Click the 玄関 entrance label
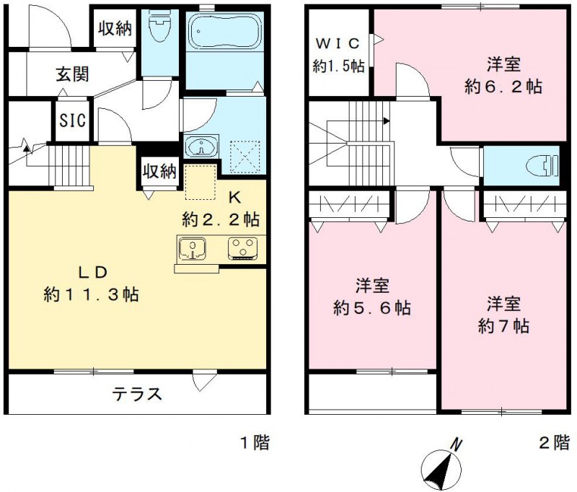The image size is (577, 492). pos(72,74)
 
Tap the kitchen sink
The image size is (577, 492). pos(193,249)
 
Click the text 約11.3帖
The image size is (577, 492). pos(92,294)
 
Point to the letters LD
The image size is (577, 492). pos(93,272)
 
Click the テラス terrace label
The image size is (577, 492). pos(136,395)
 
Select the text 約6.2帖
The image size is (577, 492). pos(503,87)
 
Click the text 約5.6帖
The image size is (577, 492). pos(372,307)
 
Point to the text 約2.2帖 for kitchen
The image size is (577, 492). pos(221,217)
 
